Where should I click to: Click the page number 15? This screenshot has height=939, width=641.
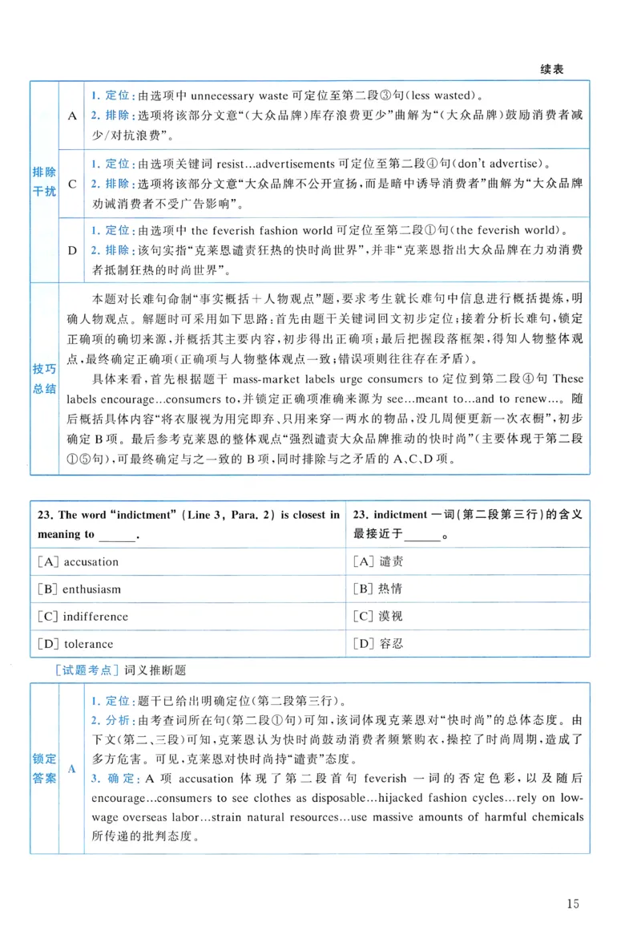coord(572,905)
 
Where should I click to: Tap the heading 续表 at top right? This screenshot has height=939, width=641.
coord(552,70)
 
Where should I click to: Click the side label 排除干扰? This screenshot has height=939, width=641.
coord(44,183)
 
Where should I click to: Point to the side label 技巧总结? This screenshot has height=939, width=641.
coord(44,378)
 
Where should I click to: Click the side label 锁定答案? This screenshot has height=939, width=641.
coord(44,767)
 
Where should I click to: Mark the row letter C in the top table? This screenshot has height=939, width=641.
coord(72,183)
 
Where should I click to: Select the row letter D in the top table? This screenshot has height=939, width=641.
coord(72,250)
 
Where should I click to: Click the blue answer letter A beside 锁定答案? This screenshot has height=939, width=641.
coord(72,768)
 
